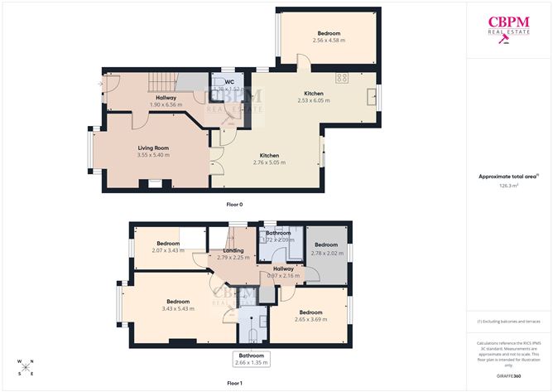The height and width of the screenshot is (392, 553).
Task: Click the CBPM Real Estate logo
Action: (x=509, y=30)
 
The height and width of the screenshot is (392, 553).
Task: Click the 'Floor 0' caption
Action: (x=235, y=204)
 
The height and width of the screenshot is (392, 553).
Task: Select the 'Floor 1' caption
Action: (x=235, y=384)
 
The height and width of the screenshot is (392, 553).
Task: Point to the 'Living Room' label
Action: (x=153, y=148)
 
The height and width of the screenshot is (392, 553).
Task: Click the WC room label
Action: (x=228, y=82)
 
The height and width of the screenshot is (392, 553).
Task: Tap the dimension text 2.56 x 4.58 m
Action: (x=329, y=40)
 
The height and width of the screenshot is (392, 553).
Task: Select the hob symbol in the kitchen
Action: (x=340, y=78)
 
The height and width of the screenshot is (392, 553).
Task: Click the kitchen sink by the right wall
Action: (x=369, y=94)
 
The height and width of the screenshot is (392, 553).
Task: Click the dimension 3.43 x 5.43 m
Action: (x=178, y=308)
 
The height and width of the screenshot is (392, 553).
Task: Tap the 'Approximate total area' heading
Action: (x=508, y=177)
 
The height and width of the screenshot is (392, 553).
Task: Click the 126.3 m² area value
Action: (x=508, y=186)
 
